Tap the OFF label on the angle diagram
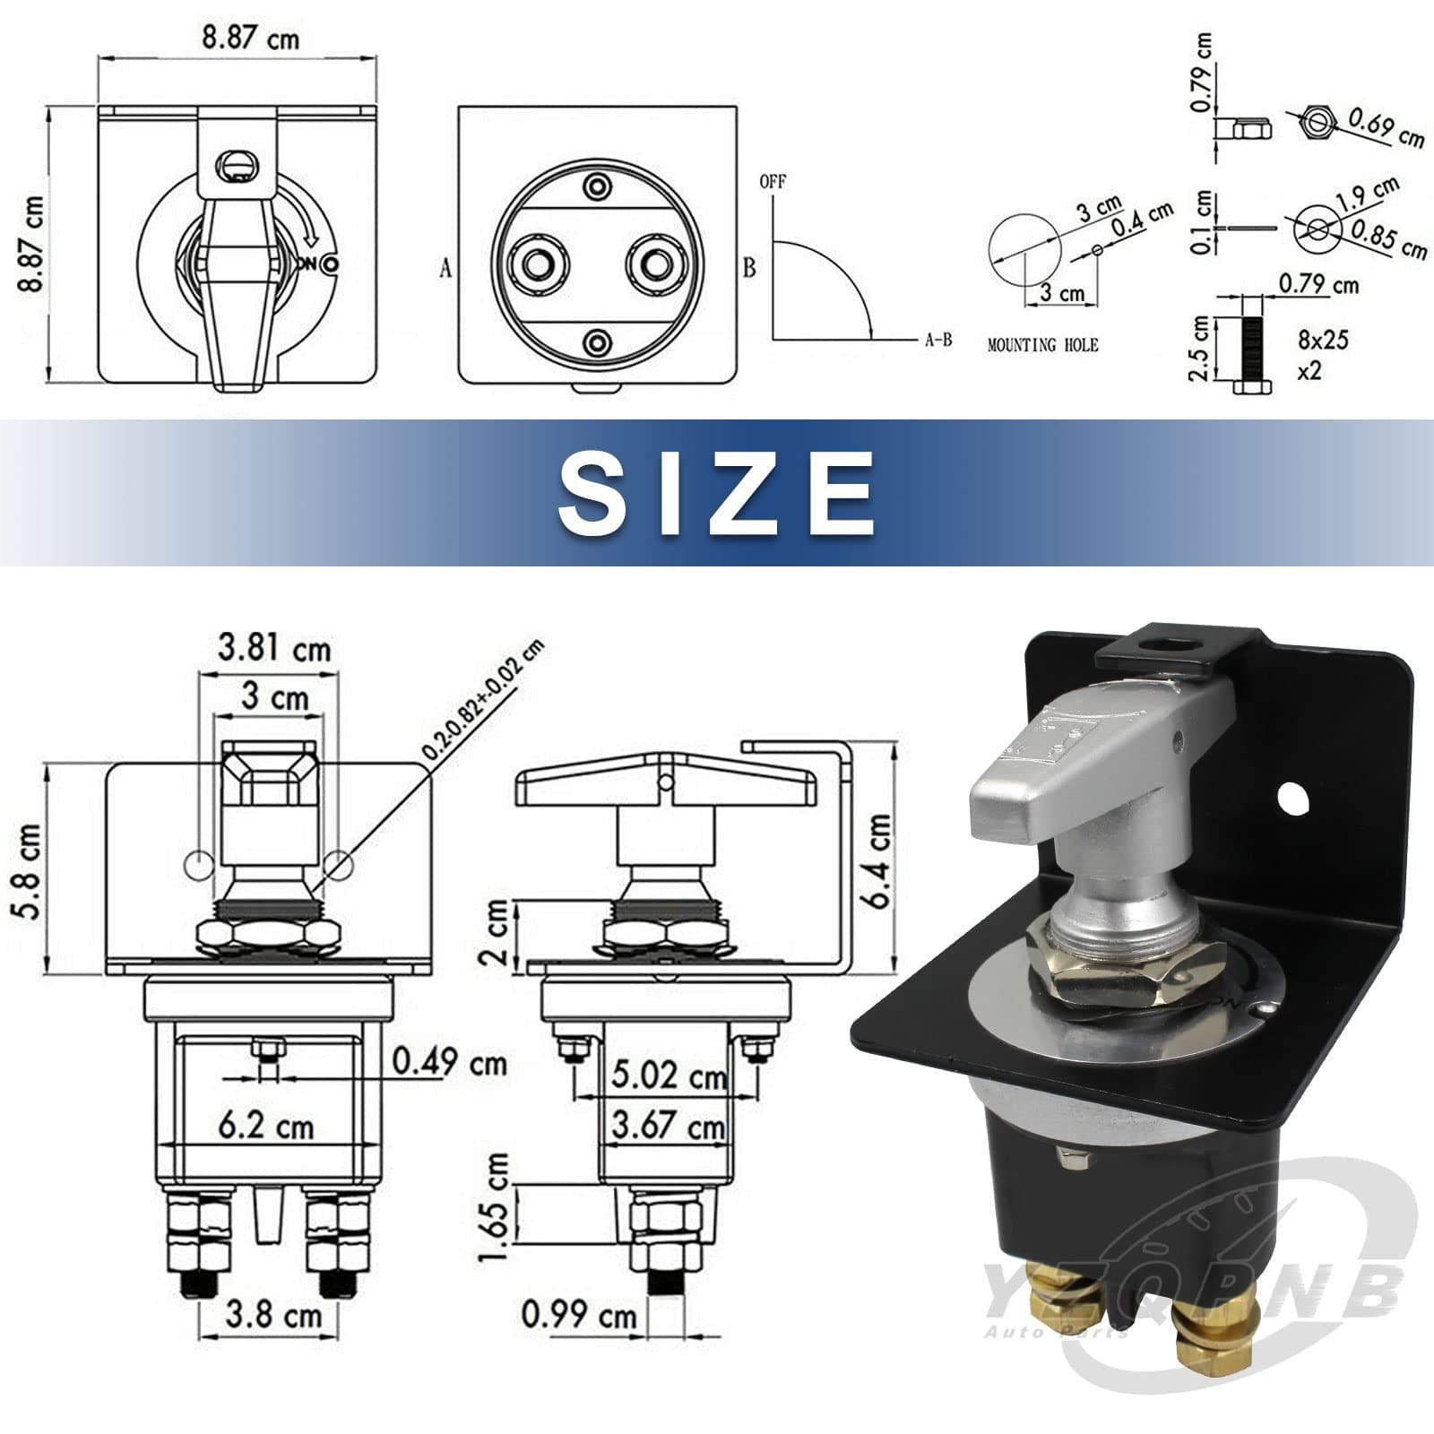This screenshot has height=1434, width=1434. pos(772,182)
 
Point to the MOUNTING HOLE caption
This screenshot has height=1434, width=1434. pos(1042,344)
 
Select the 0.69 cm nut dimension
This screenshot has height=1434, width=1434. pos(1386,127)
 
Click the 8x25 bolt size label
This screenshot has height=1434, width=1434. pos(1323,340)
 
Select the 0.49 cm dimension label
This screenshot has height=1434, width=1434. pos(450,1063)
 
